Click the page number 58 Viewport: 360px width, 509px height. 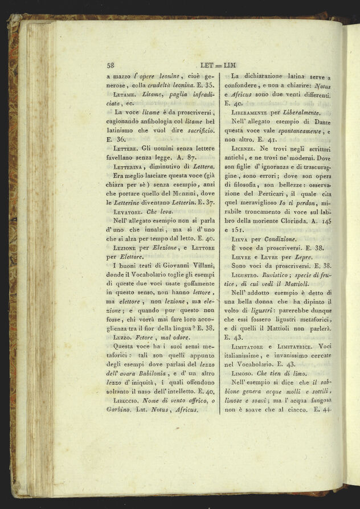(x=111, y=65)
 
